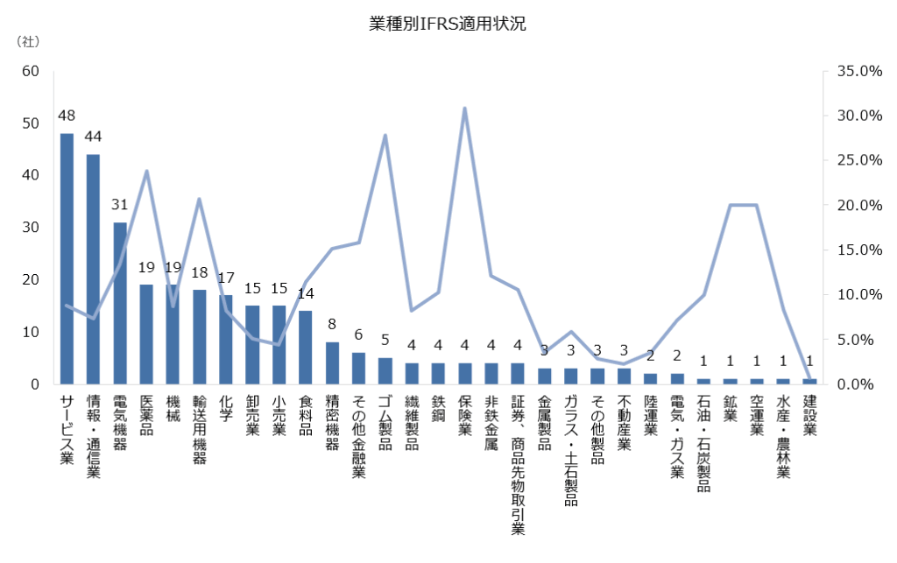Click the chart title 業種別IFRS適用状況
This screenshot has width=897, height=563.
click(448, 24)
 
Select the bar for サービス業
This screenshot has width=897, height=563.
click(67, 258)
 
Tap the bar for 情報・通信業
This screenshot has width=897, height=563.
click(93, 269)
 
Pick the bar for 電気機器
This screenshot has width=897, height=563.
click(120, 303)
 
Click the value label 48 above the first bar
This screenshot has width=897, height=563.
click(67, 115)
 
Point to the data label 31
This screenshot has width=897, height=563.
click(120, 204)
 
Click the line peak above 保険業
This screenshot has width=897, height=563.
click(464, 109)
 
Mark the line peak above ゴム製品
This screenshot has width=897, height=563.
click(385, 136)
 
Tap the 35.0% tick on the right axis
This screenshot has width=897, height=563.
click(858, 71)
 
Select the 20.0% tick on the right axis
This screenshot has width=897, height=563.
click(858, 205)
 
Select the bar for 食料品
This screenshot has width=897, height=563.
click(306, 347)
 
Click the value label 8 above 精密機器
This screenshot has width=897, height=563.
click(332, 324)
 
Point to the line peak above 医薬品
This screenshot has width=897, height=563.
click(146, 171)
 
